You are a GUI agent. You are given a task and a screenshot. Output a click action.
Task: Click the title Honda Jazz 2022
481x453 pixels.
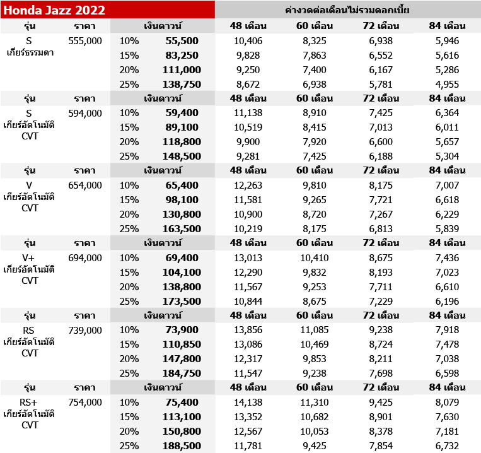click(54, 9)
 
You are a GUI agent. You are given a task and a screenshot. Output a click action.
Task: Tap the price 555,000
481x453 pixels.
click(84, 40)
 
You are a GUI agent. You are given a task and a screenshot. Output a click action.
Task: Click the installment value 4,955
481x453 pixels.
click(448, 83)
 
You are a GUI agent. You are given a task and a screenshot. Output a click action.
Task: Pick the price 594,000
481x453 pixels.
click(84, 113)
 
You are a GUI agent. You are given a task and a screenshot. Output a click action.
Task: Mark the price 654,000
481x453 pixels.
click(84, 185)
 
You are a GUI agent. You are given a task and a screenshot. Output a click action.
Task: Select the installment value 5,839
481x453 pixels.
click(448, 228)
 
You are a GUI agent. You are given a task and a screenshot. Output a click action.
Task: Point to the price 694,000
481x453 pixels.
click(84, 257)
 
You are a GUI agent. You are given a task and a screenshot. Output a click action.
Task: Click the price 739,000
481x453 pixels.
click(84, 330)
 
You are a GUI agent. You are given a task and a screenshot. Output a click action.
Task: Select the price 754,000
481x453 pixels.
click(84, 403)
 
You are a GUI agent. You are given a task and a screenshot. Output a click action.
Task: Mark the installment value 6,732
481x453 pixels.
click(448, 446)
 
